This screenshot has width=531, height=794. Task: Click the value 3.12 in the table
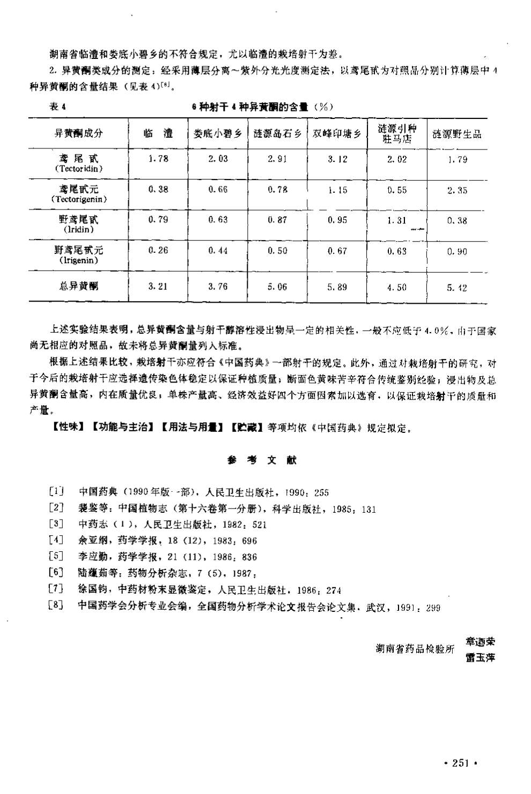(x=337, y=159)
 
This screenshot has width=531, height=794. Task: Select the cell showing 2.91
(x=278, y=159)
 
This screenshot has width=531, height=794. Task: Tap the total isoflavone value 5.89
(x=337, y=287)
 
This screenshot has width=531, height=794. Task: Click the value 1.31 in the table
(x=397, y=220)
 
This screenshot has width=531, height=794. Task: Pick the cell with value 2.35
(x=457, y=190)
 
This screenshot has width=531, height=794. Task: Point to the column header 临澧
(x=158, y=133)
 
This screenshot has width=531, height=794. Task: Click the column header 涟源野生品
(x=457, y=134)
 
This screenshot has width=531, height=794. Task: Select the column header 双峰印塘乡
(x=337, y=134)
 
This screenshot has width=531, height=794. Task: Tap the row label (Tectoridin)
(x=79, y=168)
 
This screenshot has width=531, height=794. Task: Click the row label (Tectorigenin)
(x=79, y=199)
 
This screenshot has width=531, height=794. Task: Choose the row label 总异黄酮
(x=79, y=287)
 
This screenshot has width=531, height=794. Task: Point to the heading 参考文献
(x=262, y=460)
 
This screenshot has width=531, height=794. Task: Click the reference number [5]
(x=56, y=557)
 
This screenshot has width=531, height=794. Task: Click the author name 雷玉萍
(x=481, y=657)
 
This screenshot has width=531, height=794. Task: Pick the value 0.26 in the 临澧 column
(x=158, y=250)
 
